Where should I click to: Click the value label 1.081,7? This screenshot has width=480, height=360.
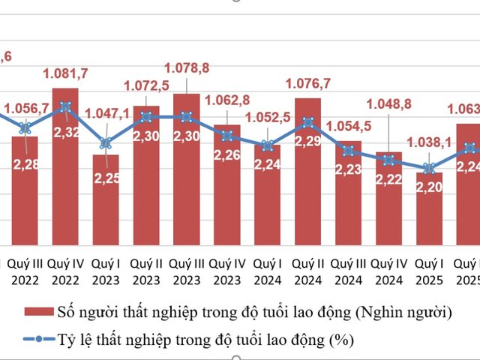64,73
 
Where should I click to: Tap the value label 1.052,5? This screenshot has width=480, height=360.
267,116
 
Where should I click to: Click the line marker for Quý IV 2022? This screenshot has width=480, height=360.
65,106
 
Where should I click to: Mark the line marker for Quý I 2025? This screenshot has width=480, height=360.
429,168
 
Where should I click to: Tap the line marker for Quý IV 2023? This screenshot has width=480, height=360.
226,136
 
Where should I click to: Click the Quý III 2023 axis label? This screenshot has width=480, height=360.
187,272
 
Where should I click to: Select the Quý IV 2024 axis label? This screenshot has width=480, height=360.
388,272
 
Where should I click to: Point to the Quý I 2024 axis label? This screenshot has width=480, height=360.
267,272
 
